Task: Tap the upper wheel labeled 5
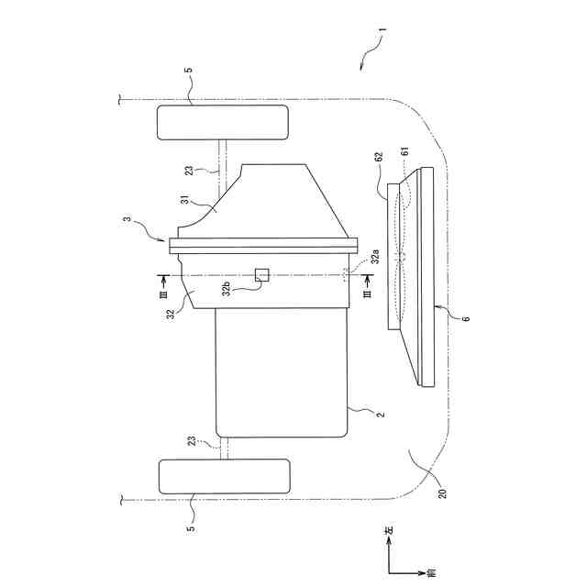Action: pyautogui.click(x=223, y=122)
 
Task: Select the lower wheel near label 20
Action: pyautogui.click(x=225, y=476)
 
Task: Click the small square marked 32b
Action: pyautogui.click(x=262, y=274)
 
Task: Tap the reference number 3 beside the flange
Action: pyautogui.click(x=127, y=219)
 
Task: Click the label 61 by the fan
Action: pyautogui.click(x=404, y=150)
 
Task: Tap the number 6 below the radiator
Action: pyautogui.click(x=465, y=318)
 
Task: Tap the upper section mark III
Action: pyautogui.click(x=162, y=294)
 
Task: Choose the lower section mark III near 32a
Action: pyautogui.click(x=366, y=295)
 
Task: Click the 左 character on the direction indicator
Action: pyautogui.click(x=388, y=530)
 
